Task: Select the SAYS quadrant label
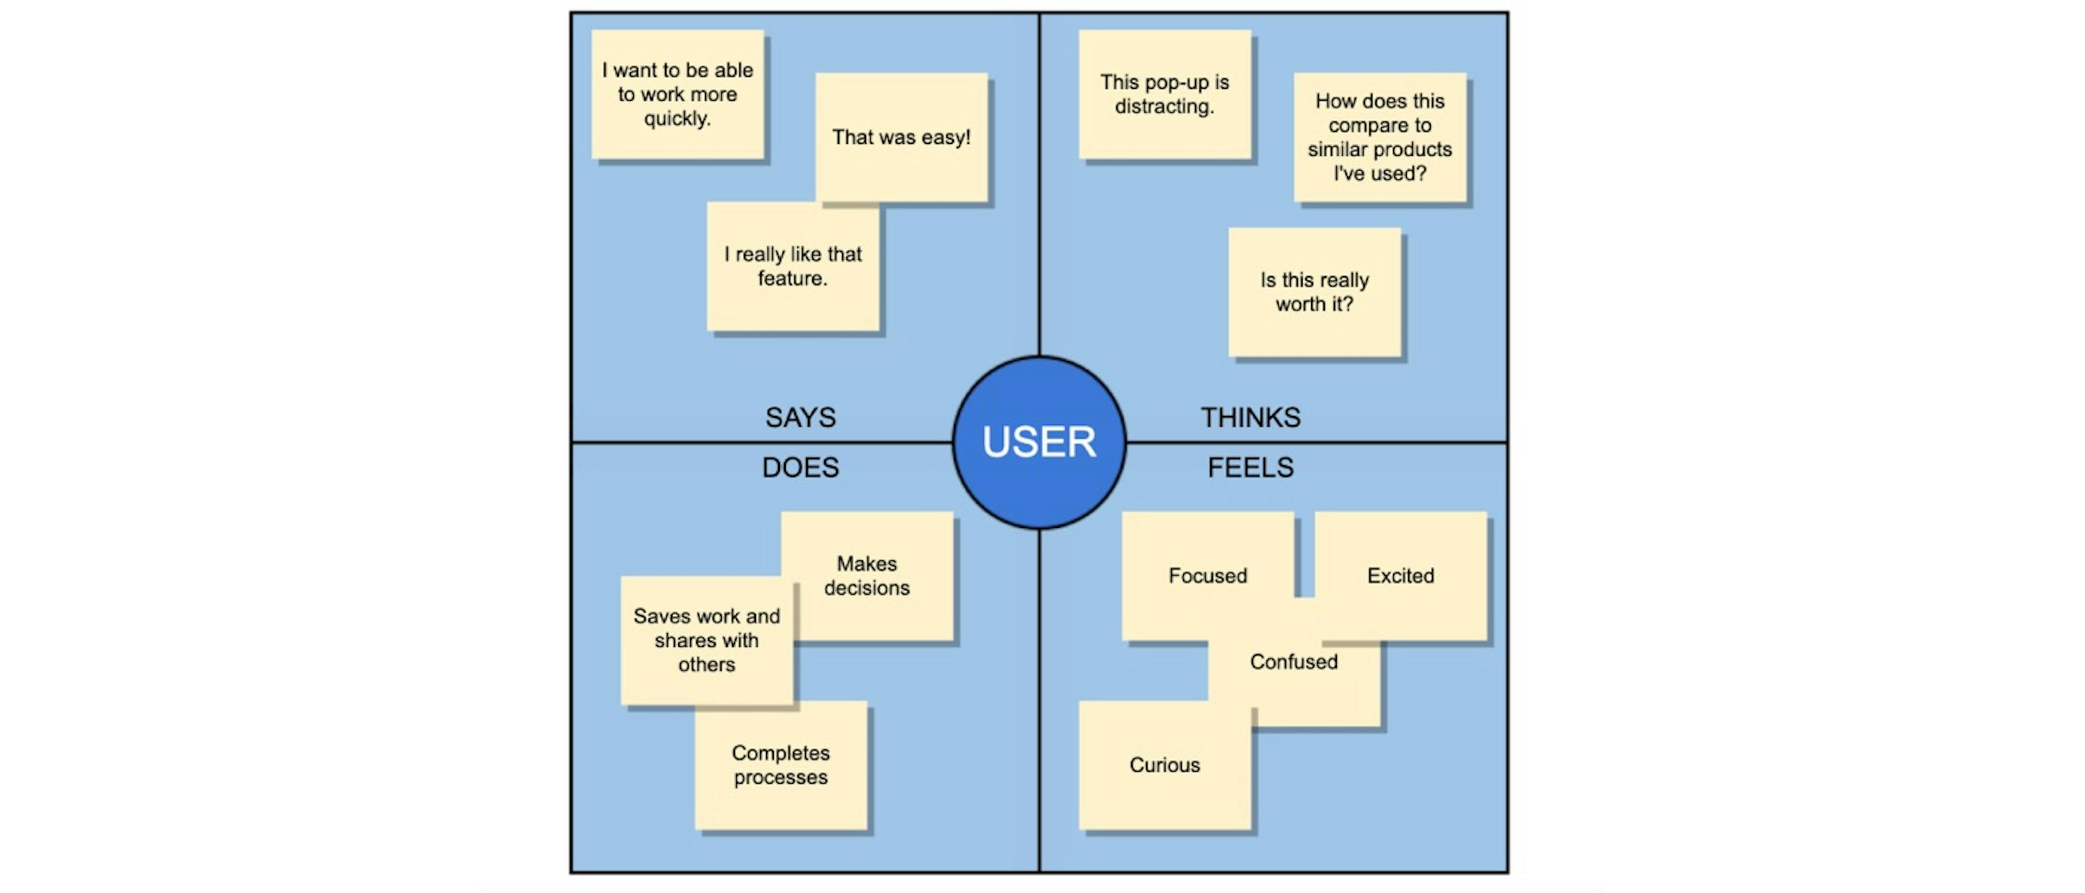(x=800, y=417)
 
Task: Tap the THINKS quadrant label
(x=1250, y=417)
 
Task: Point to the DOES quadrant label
(x=800, y=468)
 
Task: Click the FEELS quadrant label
(x=1250, y=468)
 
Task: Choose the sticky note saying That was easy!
(x=901, y=137)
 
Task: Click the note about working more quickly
(x=678, y=94)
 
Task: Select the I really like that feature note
(x=792, y=266)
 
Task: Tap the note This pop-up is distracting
(x=1164, y=94)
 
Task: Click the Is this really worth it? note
(x=1315, y=292)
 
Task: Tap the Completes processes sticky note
(x=780, y=765)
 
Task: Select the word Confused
(x=1293, y=662)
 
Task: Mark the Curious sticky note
(x=1164, y=765)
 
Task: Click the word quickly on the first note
(x=678, y=119)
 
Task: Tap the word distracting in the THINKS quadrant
(x=1164, y=107)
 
